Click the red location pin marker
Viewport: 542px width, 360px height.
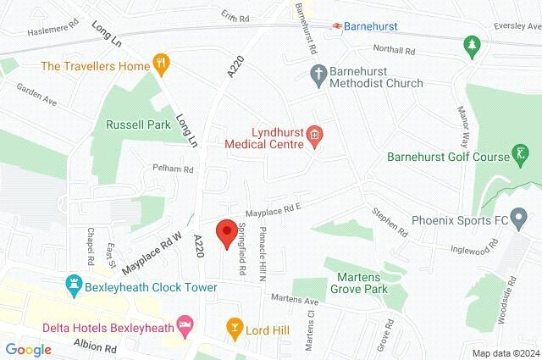[226, 233]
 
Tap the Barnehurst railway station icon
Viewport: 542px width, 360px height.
[337, 26]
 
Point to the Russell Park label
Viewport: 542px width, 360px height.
[138, 125]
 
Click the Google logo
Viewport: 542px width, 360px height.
[28, 349]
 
